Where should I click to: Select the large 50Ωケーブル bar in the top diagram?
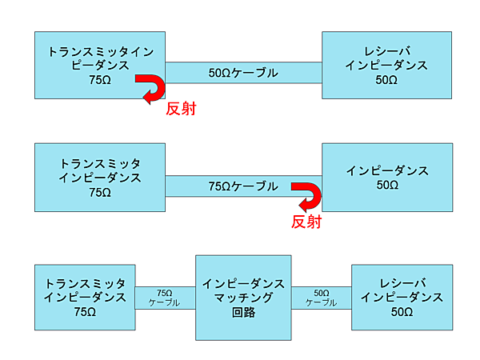243,73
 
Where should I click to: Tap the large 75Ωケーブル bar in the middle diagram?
243,186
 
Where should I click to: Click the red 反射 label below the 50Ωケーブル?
180,109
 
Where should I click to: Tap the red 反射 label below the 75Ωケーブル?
306,222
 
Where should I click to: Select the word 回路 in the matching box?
243,313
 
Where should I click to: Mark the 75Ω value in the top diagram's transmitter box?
100,80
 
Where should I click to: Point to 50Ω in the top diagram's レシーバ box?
386,80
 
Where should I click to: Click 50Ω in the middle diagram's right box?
386,186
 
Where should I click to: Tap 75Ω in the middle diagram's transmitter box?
100,193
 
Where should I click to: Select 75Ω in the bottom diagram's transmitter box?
86,312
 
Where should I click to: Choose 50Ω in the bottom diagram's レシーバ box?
402,312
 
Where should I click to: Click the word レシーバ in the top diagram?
386,50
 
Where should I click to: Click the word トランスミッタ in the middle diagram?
100,163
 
